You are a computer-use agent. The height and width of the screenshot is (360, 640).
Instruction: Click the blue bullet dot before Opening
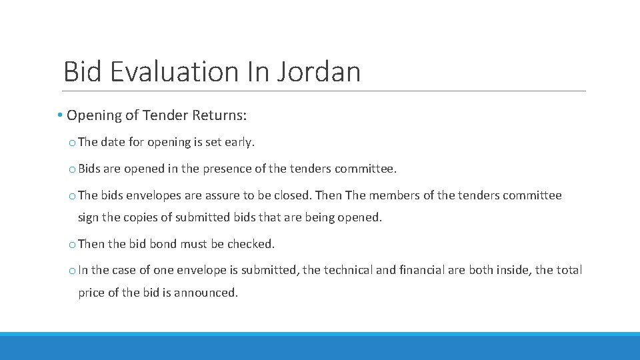[x=60, y=115]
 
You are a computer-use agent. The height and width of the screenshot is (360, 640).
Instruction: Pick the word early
[x=240, y=142]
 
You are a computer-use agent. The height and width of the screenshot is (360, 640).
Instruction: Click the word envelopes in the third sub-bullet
[x=160, y=195]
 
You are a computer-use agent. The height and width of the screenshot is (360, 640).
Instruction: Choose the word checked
[x=251, y=244]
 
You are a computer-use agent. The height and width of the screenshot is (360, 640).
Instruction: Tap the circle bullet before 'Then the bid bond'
[x=71, y=245]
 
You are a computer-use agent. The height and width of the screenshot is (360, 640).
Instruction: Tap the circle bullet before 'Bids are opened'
[x=71, y=169]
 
